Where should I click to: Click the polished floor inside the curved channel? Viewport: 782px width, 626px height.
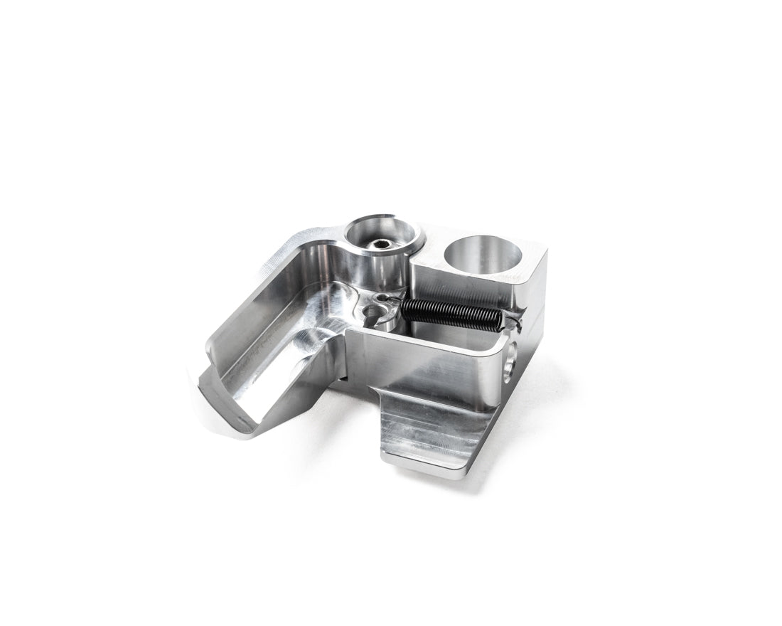[284, 341]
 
